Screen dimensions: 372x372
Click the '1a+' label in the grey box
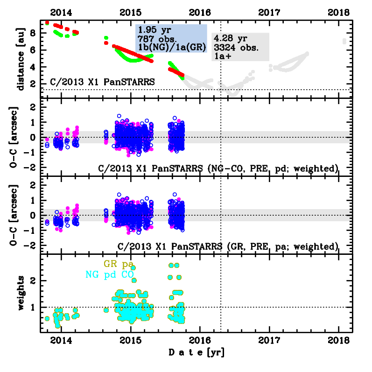[x=223, y=56]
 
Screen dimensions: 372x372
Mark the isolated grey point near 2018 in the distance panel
[x=345, y=41]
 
